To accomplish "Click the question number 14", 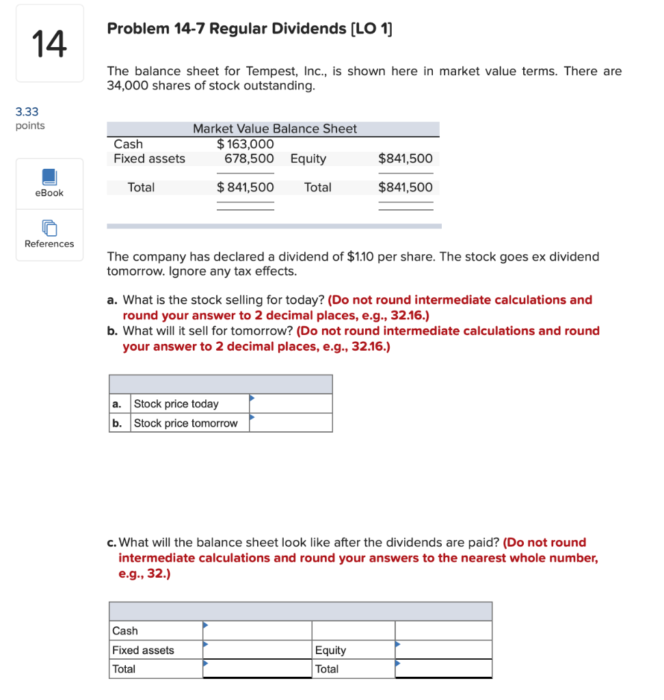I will (x=49, y=44).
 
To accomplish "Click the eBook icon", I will (x=49, y=177).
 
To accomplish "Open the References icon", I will (x=49, y=228).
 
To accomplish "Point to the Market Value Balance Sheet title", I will (x=274, y=129).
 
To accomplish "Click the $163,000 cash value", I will (x=245, y=144).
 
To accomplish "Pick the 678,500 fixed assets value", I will (x=249, y=159).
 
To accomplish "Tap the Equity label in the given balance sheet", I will (x=308, y=159).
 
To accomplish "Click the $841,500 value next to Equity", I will (x=406, y=159).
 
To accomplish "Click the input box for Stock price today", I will (x=291, y=404).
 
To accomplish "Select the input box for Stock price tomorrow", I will (x=291, y=423).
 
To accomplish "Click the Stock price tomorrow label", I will (x=185, y=423).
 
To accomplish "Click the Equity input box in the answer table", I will (x=443, y=649).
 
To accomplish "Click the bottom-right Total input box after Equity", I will (x=443, y=669).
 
